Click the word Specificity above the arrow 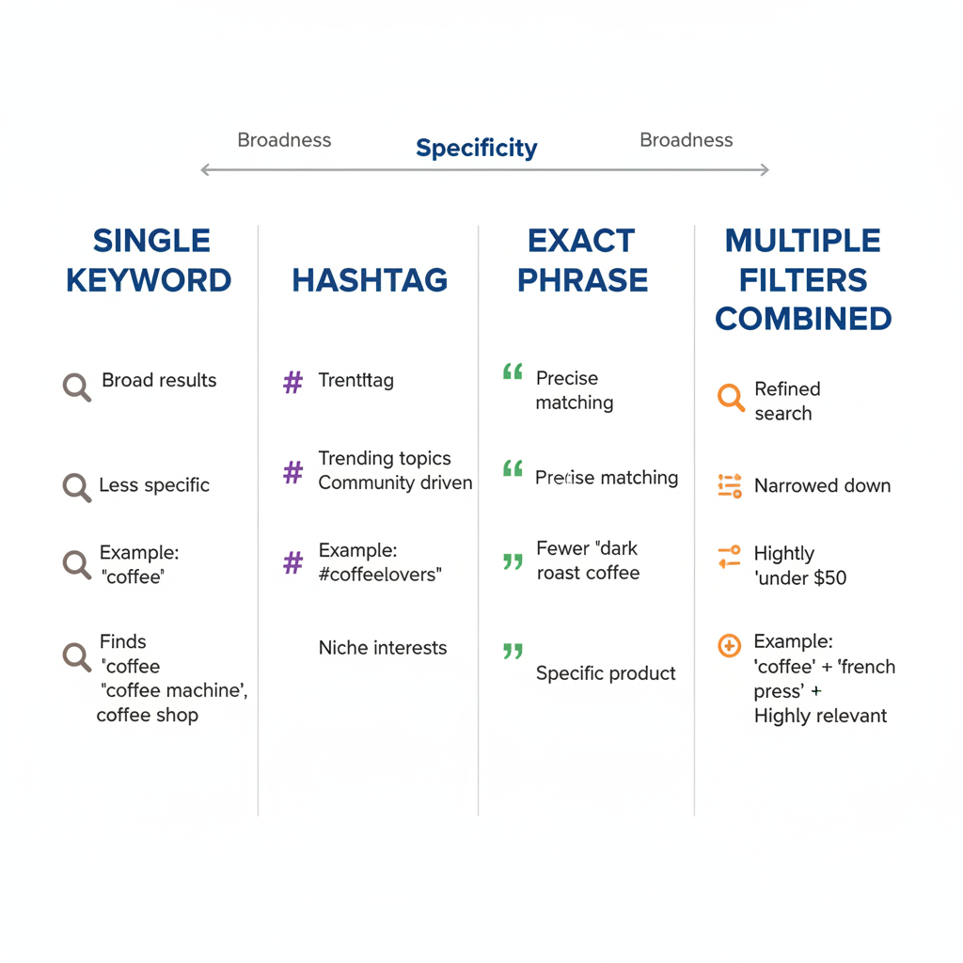coord(476,148)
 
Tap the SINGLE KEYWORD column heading coord(150,260)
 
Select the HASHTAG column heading coord(370,280)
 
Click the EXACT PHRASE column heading coord(582,260)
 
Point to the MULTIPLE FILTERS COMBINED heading coord(803,279)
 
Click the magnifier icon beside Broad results coord(77,387)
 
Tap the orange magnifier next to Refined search coord(731,398)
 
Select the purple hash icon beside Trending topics coord(293,472)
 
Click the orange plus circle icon coord(730,645)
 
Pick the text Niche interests coord(383,648)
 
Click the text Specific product coord(606,673)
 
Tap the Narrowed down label coord(822,486)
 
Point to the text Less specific coord(154,485)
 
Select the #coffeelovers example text coord(380,575)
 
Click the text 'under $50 coord(801,578)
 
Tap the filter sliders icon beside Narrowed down coord(730,486)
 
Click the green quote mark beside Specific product coord(513,651)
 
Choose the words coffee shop coord(148,716)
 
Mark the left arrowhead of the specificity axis coord(205,170)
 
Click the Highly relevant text coord(820,716)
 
